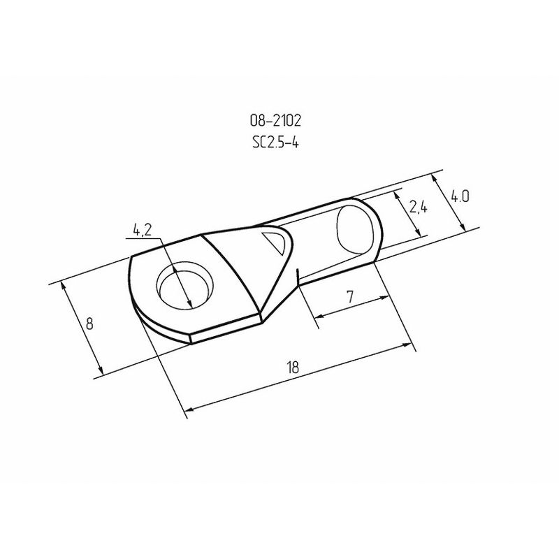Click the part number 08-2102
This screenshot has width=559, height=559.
coord(275,120)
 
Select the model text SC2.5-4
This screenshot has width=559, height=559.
coord(275,143)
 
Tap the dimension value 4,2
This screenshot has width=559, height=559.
coord(143,230)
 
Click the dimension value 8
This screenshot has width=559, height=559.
coord(89,324)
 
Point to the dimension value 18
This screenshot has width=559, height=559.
coord(292,367)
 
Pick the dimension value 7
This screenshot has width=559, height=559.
coord(350,296)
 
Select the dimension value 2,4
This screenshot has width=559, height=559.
coord(418,206)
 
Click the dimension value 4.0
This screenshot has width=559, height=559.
coord(460,197)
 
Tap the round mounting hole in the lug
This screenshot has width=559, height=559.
coord(184,286)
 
